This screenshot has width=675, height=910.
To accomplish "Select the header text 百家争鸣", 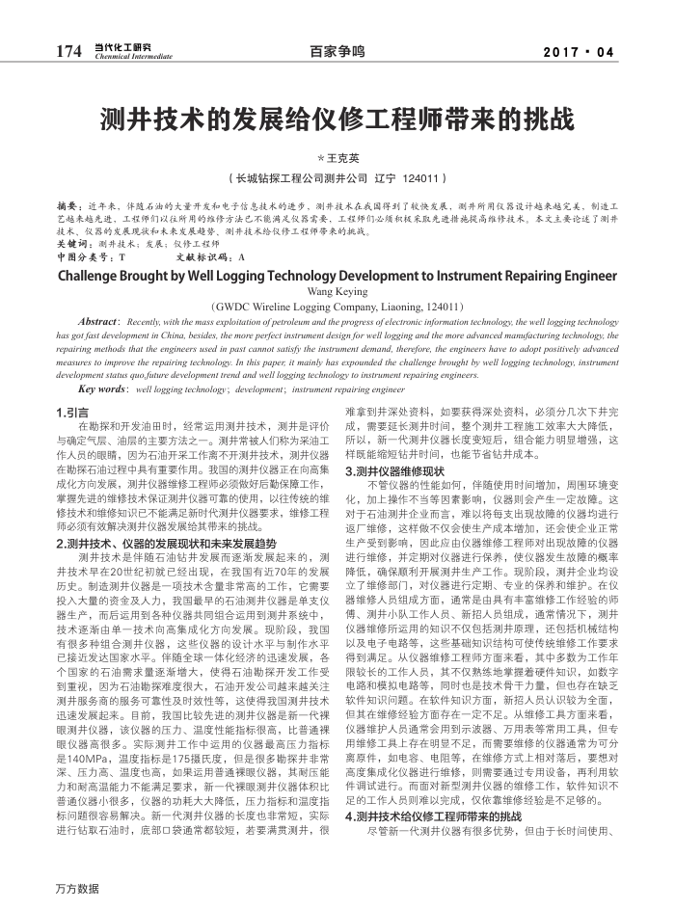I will point(337,51).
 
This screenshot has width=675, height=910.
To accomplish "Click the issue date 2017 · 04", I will point(579,51).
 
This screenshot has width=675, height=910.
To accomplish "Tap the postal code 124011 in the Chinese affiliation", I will point(421,178).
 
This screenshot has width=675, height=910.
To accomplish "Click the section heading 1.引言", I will point(73,412).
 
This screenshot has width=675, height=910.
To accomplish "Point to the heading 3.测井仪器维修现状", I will point(394,471).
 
